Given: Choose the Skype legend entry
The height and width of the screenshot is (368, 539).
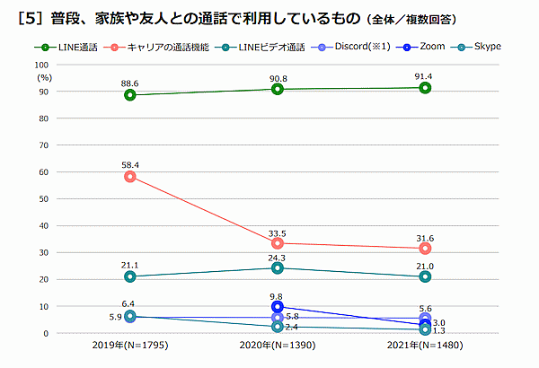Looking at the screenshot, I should tap(477, 45).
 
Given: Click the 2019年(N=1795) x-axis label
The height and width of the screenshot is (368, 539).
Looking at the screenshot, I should tap(129, 346).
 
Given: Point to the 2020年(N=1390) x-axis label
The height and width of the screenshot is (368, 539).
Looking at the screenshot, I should tap(277, 346).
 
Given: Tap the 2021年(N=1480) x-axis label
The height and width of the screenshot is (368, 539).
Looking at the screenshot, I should tap(424, 346).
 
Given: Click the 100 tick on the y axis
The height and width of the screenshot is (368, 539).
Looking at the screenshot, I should tap(42, 66).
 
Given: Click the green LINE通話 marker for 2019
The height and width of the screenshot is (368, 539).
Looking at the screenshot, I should tap(130, 95).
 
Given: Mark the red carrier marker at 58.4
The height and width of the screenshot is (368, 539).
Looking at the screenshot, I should tap(130, 177).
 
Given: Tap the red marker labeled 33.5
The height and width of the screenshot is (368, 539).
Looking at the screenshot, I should tap(278, 243).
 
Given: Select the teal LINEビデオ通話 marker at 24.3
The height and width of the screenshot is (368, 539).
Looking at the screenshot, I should tap(278, 267).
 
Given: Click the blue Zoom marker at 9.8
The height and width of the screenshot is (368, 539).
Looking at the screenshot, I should tap(278, 307).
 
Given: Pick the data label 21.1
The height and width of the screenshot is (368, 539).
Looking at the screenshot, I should tap(130, 265).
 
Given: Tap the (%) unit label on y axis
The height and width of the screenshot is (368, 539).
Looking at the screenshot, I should tap(42, 78).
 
